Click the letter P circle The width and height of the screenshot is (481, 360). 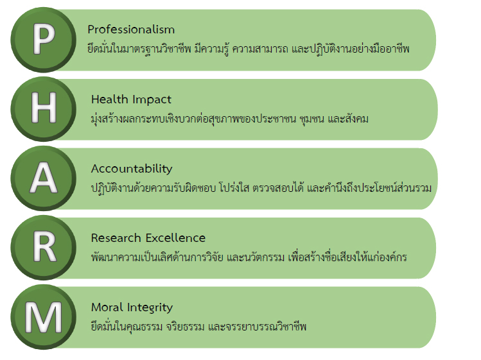pyautogui.click(x=43, y=40)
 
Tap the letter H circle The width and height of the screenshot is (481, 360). pyautogui.click(x=43, y=109)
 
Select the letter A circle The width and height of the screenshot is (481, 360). pyautogui.click(x=43, y=178)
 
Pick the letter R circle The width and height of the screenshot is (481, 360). pyautogui.click(x=43, y=248)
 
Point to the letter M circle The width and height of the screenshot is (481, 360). pyautogui.click(x=43, y=317)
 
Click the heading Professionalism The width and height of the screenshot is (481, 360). pyautogui.click(x=131, y=30)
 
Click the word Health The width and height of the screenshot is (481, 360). pyautogui.click(x=110, y=99)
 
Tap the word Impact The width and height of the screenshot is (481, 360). pyautogui.click(x=152, y=100)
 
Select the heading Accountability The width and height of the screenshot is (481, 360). pyautogui.click(x=132, y=169)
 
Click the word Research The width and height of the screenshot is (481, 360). pyautogui.click(x=116, y=238)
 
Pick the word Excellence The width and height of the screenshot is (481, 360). pyautogui.click(x=175, y=238)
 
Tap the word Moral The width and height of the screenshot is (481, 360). pyautogui.click(x=107, y=307)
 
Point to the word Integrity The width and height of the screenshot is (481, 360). pyautogui.click(x=150, y=308)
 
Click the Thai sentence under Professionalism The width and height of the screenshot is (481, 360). pyautogui.click(x=249, y=49)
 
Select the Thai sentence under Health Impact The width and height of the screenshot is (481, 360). pyautogui.click(x=230, y=119)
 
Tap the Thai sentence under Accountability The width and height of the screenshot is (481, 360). pyautogui.click(x=261, y=187)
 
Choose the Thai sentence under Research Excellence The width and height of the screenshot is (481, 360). pyautogui.click(x=249, y=257)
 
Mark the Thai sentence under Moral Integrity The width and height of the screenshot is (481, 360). pyautogui.click(x=199, y=326)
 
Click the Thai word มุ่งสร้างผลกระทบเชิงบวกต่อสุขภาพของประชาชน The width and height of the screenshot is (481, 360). pyautogui.click(x=193, y=119)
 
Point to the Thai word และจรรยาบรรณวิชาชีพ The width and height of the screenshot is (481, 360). pyautogui.click(x=258, y=326)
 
